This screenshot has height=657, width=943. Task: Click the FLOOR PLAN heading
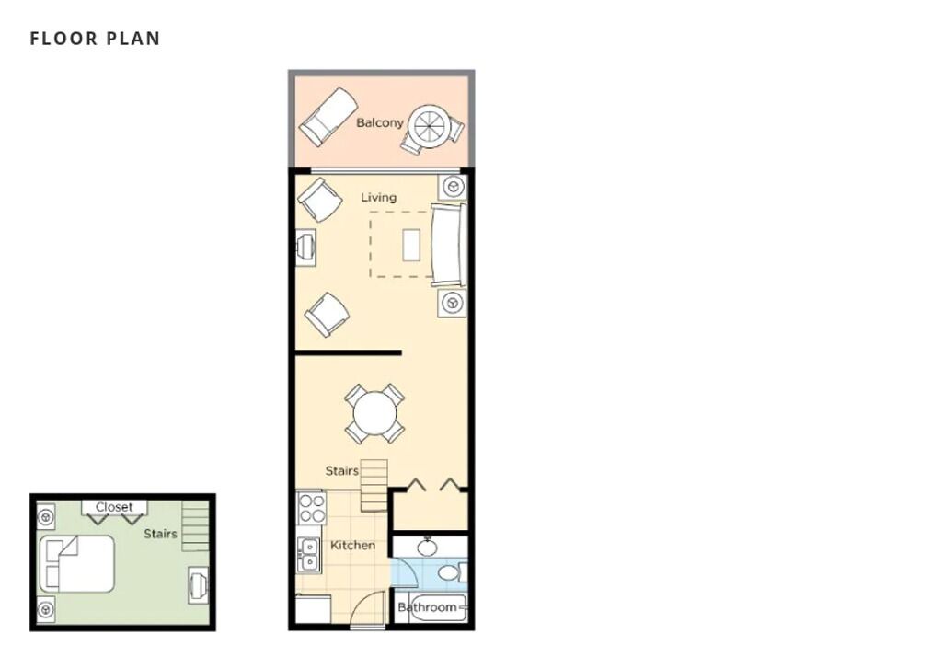(x=95, y=39)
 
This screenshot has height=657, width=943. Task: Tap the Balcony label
(x=379, y=122)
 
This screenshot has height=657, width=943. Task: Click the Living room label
(x=378, y=197)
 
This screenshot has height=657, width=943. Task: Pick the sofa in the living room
(x=449, y=245)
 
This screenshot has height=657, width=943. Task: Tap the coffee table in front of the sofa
(x=411, y=245)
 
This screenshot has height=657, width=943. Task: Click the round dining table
(x=374, y=414)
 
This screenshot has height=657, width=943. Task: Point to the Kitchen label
(x=352, y=545)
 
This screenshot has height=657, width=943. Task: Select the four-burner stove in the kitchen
(x=312, y=508)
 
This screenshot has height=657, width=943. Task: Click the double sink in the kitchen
(x=308, y=554)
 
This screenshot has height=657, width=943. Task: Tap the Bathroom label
(x=427, y=607)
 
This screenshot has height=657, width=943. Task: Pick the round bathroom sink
(x=428, y=547)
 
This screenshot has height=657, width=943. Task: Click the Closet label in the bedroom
(x=114, y=507)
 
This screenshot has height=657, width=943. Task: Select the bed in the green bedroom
(x=77, y=564)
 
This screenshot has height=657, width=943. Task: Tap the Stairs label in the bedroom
(x=160, y=534)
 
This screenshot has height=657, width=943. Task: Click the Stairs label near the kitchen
(x=341, y=470)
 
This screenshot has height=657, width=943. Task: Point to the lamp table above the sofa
(x=453, y=187)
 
